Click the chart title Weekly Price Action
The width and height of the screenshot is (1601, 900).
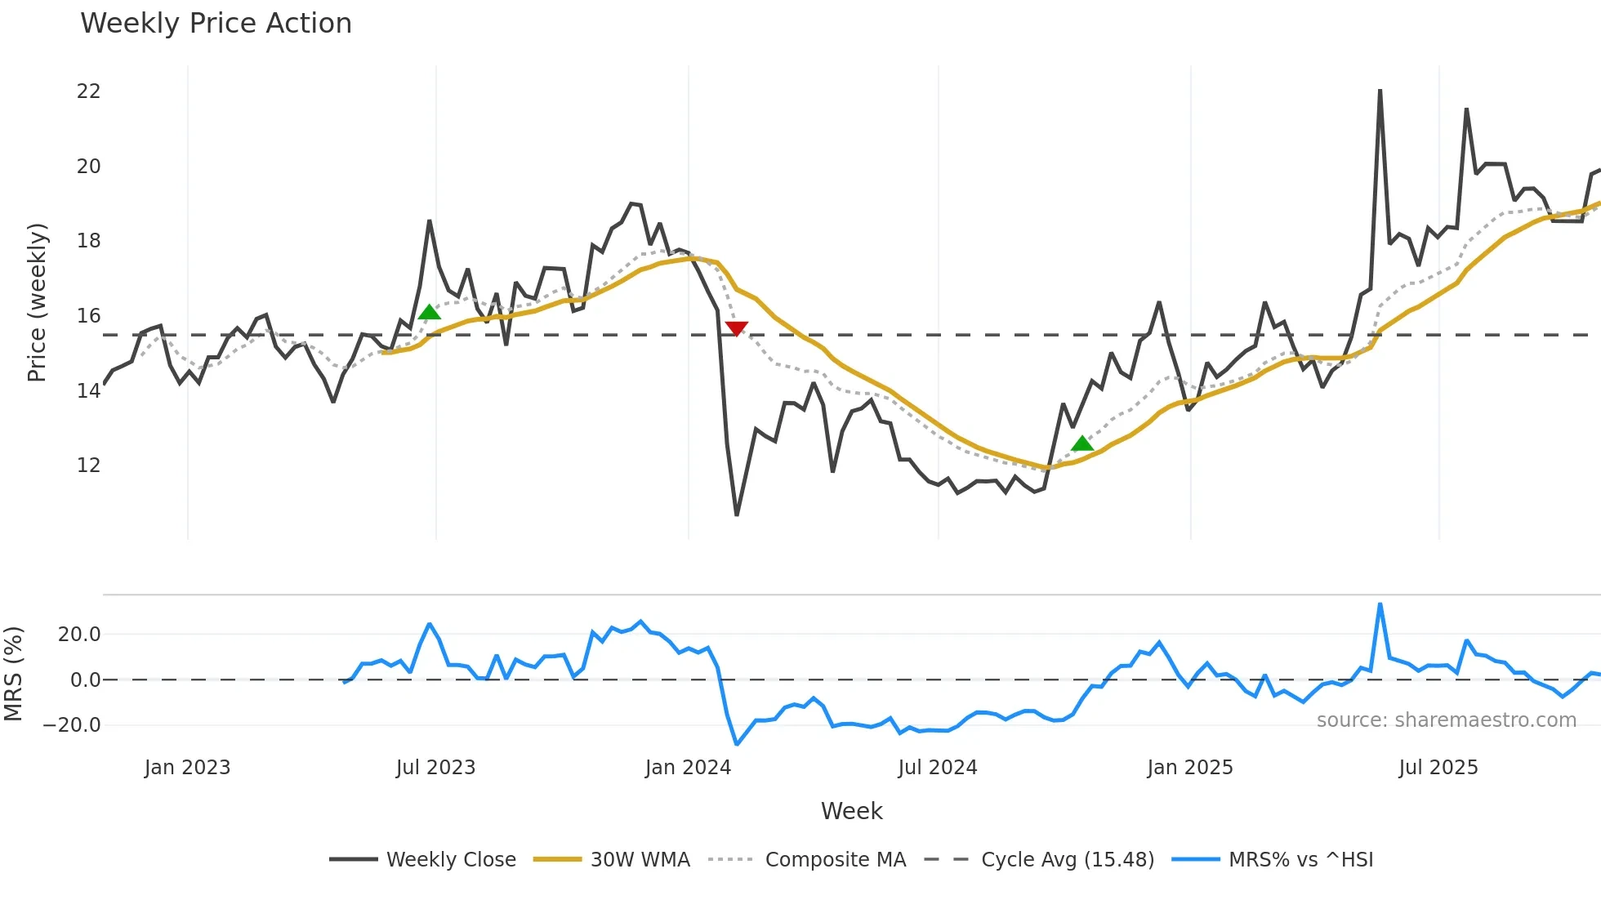[x=216, y=24]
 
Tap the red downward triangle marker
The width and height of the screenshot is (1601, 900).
[x=736, y=328]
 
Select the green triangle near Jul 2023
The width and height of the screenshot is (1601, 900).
[x=429, y=312]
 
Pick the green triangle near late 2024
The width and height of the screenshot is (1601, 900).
[x=1082, y=443]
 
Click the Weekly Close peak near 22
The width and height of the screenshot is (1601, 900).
[x=1380, y=91]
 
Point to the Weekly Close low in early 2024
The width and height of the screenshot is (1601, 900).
[x=736, y=515]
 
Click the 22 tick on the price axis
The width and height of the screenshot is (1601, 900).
[x=88, y=91]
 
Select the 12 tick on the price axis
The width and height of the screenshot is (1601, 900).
[x=88, y=466]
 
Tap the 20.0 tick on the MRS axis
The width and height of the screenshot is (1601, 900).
[x=78, y=635]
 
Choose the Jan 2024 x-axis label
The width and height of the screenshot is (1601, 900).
[x=688, y=768]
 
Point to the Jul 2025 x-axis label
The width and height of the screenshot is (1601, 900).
[x=1438, y=768]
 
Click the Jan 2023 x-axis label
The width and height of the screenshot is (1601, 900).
[x=187, y=768]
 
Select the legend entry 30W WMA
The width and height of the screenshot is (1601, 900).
[x=640, y=860]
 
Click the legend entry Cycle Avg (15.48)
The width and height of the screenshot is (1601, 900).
[x=1067, y=860]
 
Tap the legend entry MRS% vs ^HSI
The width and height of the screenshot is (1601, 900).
[x=1300, y=860]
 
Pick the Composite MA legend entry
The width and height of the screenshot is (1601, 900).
[x=835, y=860]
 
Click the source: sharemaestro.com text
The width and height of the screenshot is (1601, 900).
[x=1446, y=720]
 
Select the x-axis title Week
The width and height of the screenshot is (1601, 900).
[x=851, y=811]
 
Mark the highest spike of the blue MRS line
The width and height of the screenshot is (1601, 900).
[x=1380, y=605]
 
